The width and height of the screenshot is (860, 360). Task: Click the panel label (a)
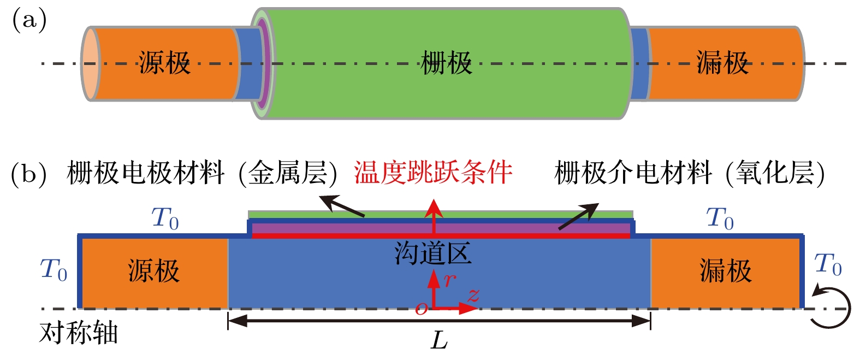pyautogui.click(x=29, y=20)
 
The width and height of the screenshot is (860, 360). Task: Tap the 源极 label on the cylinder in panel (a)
pyautogui.click(x=164, y=63)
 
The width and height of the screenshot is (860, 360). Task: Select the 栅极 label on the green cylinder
pyautogui.click(x=446, y=63)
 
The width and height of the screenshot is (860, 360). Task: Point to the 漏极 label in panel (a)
pyautogui.click(x=722, y=63)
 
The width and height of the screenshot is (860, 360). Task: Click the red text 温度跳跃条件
pyautogui.click(x=433, y=173)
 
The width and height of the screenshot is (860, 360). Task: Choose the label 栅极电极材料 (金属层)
pyautogui.click(x=202, y=173)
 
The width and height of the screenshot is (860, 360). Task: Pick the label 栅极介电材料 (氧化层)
pyautogui.click(x=690, y=173)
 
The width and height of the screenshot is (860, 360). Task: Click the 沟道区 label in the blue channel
pyautogui.click(x=433, y=253)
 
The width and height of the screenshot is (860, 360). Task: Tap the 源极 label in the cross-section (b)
pyautogui.click(x=153, y=271)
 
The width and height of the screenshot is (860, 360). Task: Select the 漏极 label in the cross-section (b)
pyautogui.click(x=726, y=271)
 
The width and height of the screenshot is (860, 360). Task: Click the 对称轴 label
pyautogui.click(x=78, y=333)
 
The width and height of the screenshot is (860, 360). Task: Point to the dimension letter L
pyautogui.click(x=439, y=340)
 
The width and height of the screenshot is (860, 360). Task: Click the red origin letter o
pyautogui.click(x=422, y=309)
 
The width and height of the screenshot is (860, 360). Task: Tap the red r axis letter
pyautogui.click(x=450, y=280)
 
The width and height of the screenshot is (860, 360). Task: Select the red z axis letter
pyautogui.click(x=474, y=295)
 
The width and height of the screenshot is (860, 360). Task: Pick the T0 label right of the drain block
pyautogui.click(x=828, y=264)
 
